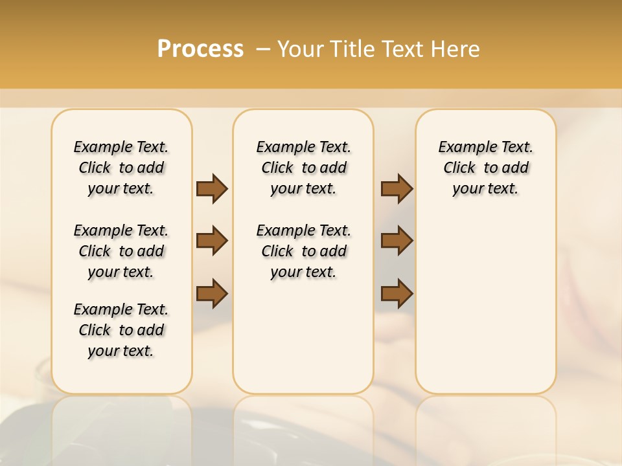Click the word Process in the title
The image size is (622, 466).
click(200, 49)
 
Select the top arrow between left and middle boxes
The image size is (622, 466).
click(212, 188)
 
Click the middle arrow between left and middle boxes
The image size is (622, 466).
click(212, 241)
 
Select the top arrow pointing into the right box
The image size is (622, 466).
click(397, 188)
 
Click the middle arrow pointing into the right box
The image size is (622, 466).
click(397, 241)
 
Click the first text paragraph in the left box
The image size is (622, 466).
click(121, 168)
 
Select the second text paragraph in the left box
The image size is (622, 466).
click(121, 251)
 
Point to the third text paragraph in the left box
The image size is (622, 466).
click(121, 330)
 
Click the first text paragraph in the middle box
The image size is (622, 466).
click(303, 168)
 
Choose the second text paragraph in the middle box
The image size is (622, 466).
click(303, 251)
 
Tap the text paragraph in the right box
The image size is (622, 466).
click(485, 168)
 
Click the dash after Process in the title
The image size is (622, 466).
click(263, 49)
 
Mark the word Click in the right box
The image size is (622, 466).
click(459, 168)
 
